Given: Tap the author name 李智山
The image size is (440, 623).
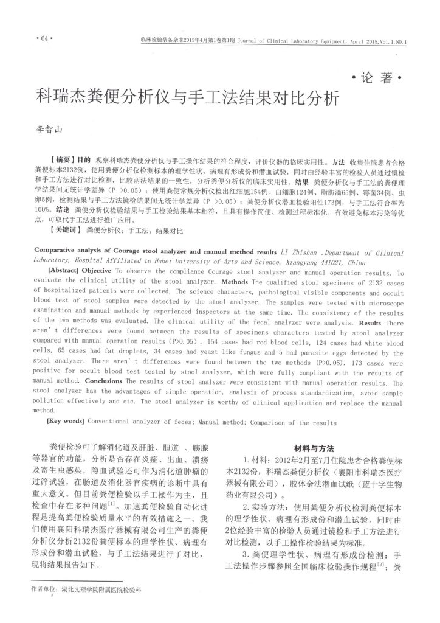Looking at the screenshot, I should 51,130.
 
